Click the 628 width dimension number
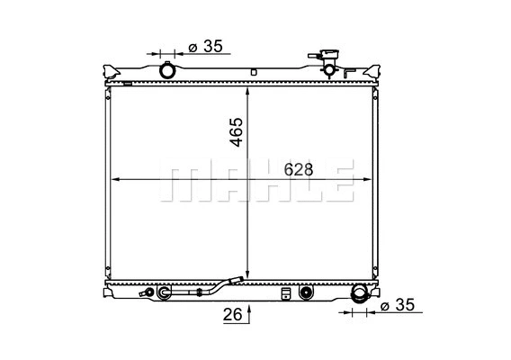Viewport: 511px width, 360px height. [300, 169]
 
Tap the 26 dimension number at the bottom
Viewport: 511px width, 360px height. [231, 314]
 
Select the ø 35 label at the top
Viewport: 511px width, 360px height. [206, 46]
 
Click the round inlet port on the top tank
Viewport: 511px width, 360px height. [167, 70]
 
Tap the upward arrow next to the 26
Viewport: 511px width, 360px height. [248, 311]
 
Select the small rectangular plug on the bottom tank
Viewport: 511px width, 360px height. [286, 292]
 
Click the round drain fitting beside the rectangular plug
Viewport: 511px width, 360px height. [306, 292]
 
